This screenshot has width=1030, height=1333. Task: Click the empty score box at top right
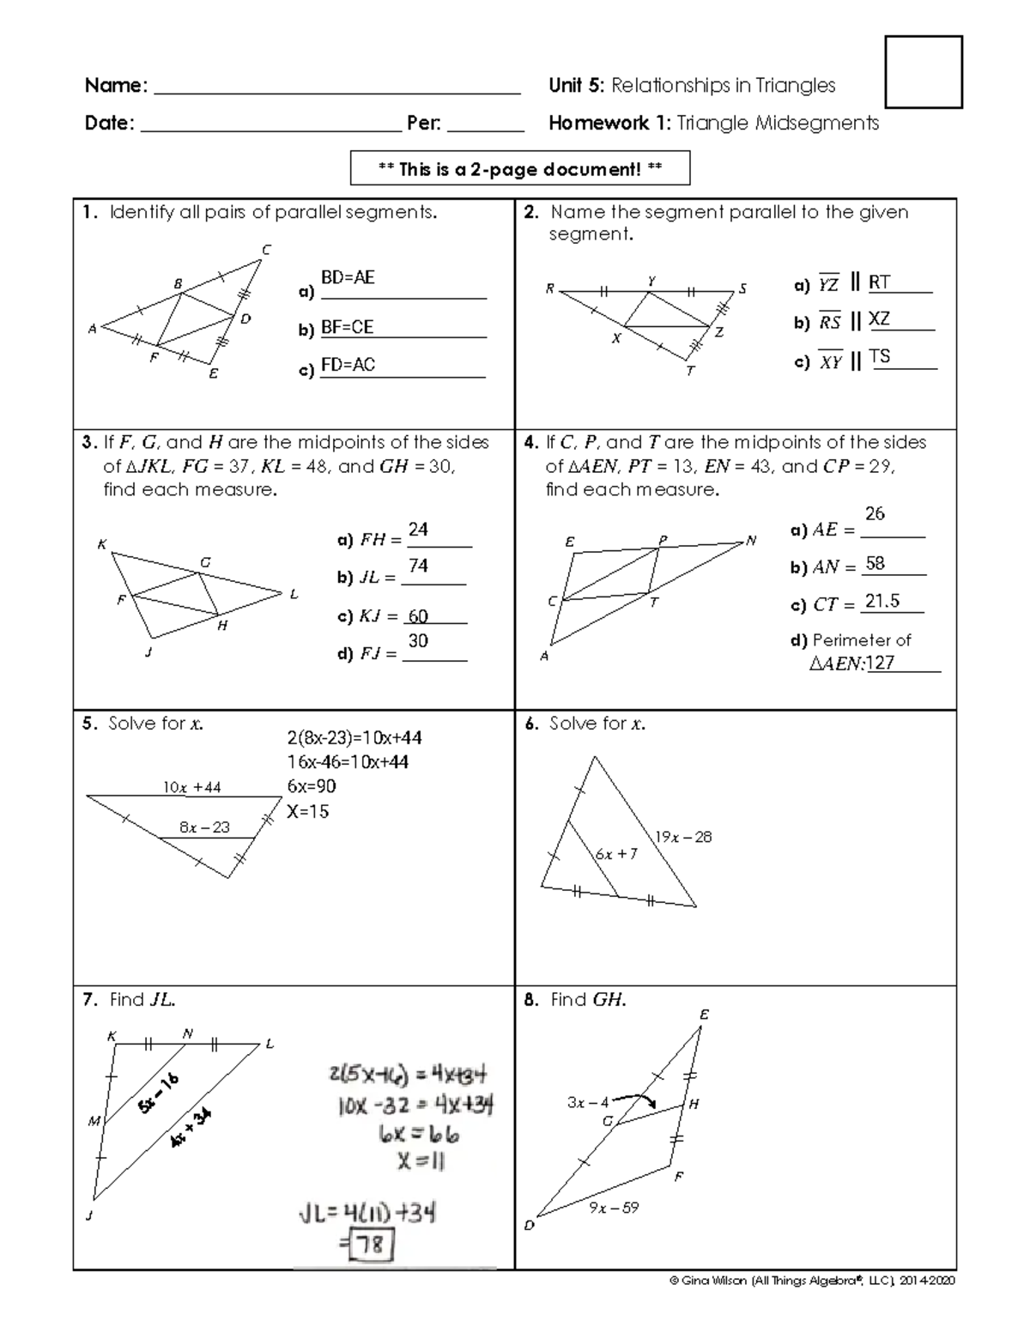tap(924, 72)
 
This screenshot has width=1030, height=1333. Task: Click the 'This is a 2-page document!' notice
tap(520, 169)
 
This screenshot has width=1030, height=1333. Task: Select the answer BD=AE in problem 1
tap(348, 278)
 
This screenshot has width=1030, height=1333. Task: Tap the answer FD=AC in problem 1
tap(348, 365)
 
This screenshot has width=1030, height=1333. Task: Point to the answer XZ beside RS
tap(879, 319)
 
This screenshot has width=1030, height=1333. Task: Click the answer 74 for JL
tap(418, 566)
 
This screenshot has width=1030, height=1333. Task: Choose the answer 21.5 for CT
tap(882, 601)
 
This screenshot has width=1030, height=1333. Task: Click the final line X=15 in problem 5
tap(308, 811)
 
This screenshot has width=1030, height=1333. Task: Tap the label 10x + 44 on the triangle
tap(192, 787)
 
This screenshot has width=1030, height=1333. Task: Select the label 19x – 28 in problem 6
tap(683, 837)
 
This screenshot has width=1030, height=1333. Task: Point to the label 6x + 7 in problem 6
tap(616, 854)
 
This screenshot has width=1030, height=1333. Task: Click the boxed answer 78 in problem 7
tap(371, 1245)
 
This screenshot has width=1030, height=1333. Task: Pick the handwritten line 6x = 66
tap(418, 1134)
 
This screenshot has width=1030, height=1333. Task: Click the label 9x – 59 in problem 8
tap(614, 1208)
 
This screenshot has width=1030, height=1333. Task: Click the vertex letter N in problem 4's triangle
tap(751, 541)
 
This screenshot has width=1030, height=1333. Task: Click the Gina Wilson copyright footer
tap(811, 1281)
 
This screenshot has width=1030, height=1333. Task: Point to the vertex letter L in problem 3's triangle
tap(294, 594)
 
